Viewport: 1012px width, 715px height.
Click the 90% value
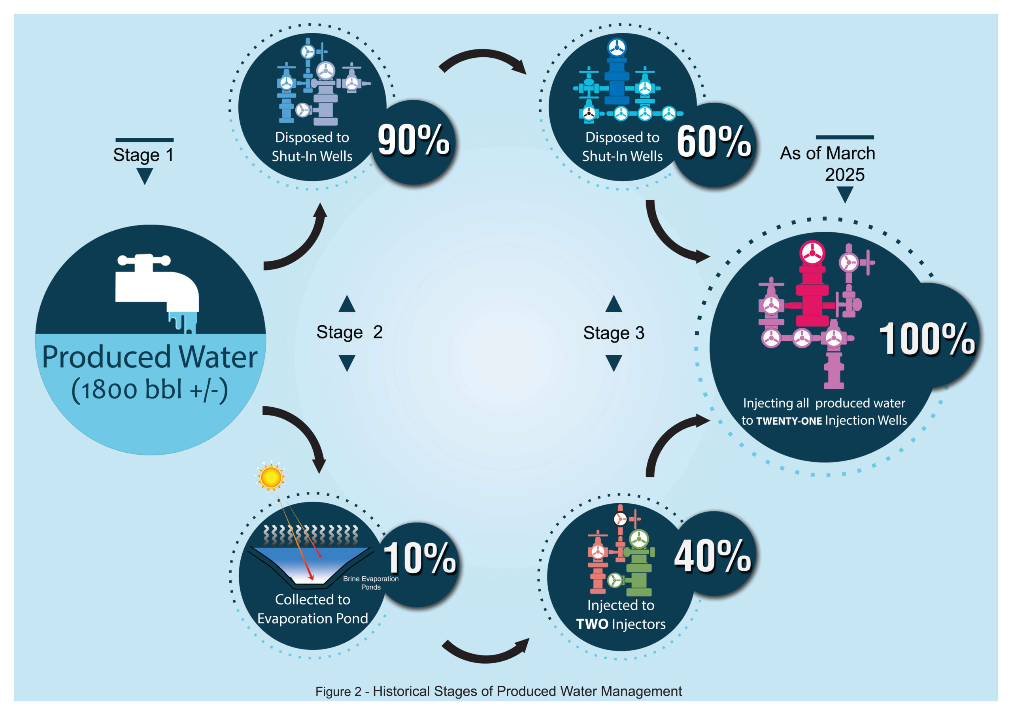413,140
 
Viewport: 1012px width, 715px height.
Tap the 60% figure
714,142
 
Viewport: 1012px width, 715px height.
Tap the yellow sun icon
271,476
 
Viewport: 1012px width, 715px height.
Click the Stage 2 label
349,332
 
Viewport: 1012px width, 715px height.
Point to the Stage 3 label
614,333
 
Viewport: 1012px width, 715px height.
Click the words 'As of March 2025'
828,164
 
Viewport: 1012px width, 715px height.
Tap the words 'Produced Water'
150,357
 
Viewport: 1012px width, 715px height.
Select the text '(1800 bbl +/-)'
150,390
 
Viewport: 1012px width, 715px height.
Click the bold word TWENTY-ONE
789,421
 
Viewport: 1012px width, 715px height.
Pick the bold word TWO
592,624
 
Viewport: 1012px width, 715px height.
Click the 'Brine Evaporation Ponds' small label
371,583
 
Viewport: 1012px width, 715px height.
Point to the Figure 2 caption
498,691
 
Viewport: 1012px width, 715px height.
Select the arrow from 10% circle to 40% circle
485,655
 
